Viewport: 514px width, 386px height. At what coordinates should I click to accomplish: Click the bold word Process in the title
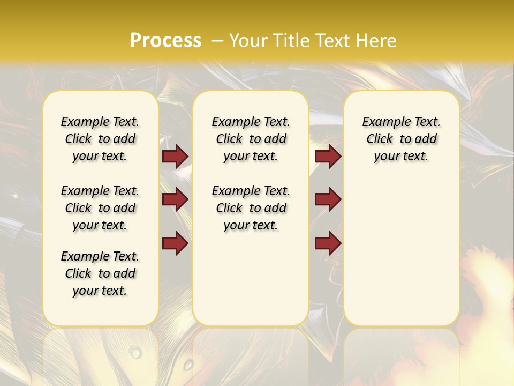point(165,40)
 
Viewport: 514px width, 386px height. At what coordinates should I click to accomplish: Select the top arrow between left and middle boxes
point(175,157)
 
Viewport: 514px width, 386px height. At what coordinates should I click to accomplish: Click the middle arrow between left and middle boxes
point(175,200)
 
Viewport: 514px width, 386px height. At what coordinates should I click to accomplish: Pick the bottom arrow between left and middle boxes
point(175,243)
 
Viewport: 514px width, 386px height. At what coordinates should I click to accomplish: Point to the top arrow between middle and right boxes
point(328,157)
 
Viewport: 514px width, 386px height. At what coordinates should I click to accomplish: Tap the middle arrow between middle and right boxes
point(328,200)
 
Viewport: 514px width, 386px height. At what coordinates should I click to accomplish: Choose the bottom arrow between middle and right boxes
point(328,243)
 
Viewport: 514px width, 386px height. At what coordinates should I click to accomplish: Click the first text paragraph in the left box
point(100,139)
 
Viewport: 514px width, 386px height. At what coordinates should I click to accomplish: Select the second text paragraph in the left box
point(100,208)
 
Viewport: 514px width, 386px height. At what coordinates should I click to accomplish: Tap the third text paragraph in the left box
point(100,273)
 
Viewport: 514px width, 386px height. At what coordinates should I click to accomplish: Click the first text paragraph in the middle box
point(251,139)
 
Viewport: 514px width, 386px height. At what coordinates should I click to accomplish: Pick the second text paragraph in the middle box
point(251,208)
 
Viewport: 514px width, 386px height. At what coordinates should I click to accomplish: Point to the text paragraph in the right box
point(402,139)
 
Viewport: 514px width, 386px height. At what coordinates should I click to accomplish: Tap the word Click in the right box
point(380,139)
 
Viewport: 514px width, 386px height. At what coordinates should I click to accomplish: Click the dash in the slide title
point(217,40)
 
